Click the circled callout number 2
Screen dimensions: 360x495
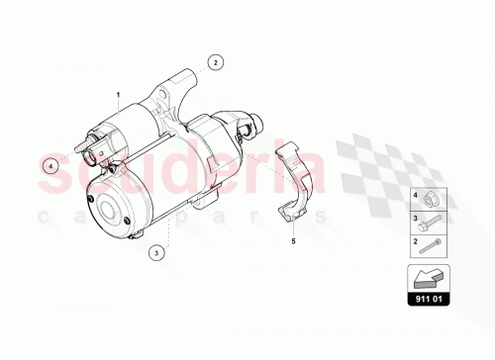(216, 61)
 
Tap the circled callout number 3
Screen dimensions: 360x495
(157, 253)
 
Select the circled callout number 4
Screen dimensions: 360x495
(48, 167)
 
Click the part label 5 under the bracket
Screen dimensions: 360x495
(294, 239)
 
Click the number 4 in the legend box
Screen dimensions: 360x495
(416, 198)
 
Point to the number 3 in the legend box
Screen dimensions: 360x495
(416, 219)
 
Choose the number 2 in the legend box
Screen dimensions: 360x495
(416, 240)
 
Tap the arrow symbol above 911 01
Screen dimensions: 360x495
(426, 278)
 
